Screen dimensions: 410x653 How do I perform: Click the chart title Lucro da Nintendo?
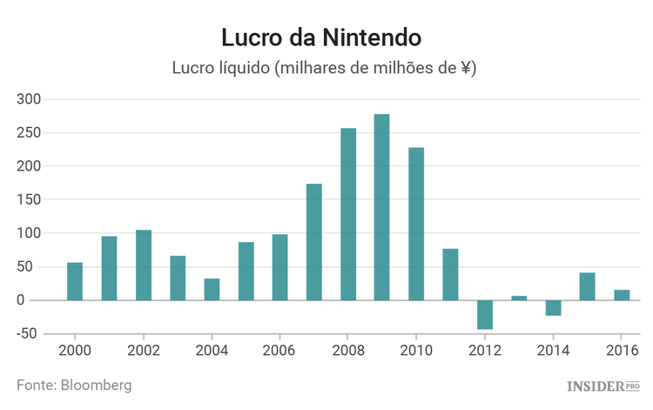click(321, 37)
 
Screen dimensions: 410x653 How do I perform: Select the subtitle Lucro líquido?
click(323, 68)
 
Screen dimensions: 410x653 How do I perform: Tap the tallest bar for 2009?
click(382, 207)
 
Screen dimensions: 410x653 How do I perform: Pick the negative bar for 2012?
click(484, 314)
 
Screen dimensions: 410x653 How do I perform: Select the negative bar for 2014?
click(553, 308)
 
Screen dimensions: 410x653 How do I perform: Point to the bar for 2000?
click(75, 281)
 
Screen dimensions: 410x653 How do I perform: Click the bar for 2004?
click(212, 289)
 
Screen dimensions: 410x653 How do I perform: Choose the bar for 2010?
click(416, 224)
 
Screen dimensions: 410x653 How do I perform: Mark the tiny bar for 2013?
click(519, 298)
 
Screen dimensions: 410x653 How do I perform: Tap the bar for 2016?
click(622, 295)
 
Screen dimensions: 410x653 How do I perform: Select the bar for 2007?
click(314, 242)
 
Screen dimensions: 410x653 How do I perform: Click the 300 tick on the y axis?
click(30, 99)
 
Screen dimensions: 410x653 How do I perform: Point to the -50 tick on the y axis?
click(28, 334)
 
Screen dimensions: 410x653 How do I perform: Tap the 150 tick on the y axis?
click(30, 200)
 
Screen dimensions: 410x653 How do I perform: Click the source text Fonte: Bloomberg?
click(74, 384)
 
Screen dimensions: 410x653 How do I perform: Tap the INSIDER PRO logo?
click(603, 385)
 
